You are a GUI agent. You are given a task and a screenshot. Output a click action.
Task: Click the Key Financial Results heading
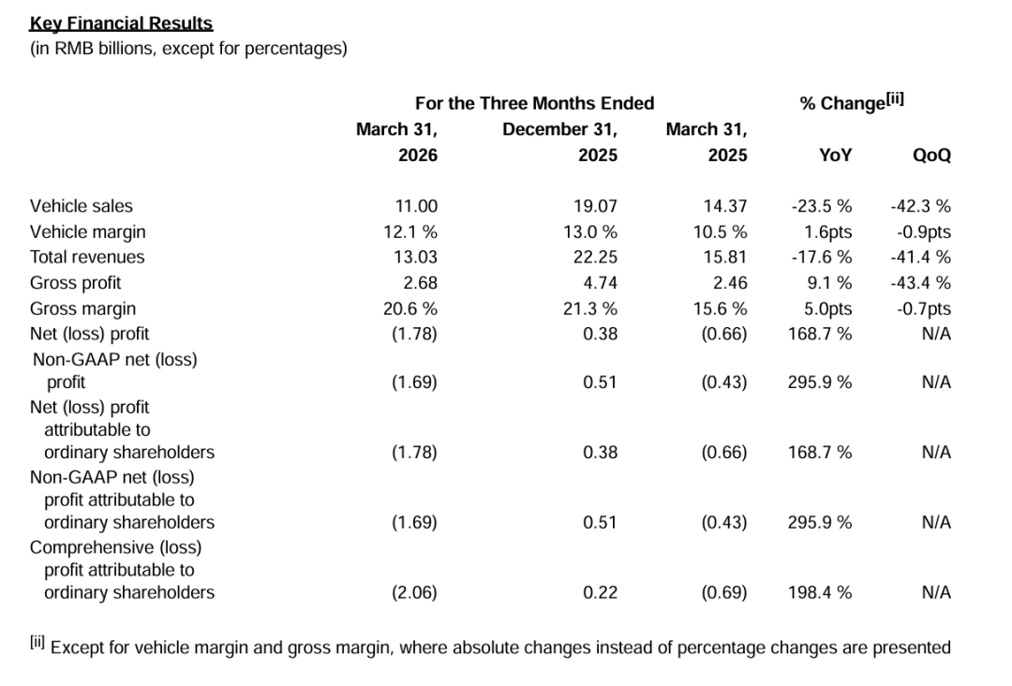121,23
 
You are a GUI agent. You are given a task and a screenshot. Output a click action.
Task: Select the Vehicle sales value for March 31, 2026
416,206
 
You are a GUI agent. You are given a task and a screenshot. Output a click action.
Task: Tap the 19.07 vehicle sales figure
596,206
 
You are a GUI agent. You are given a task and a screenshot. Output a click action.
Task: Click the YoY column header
836,155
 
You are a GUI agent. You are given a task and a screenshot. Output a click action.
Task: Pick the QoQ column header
932,155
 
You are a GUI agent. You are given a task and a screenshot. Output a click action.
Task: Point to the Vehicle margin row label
88,231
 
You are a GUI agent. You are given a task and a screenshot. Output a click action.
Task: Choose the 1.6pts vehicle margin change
828,231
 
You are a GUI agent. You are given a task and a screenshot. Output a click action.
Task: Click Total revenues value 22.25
596,257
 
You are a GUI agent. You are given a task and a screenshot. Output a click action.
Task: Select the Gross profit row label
76,283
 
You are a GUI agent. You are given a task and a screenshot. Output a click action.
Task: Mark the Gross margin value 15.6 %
721,308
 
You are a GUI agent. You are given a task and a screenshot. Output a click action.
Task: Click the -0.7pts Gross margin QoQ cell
924,308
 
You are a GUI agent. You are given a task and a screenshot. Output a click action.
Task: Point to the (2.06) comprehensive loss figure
414,592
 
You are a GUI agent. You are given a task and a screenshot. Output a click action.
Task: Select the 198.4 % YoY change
820,592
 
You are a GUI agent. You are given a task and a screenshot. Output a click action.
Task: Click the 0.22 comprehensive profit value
601,592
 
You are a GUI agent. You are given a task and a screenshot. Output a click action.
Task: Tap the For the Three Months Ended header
534,103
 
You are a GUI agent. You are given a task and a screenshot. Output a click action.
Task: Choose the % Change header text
852,102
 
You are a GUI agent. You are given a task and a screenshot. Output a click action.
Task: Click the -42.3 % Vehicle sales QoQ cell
921,206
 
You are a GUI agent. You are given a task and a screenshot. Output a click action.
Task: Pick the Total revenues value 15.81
725,257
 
